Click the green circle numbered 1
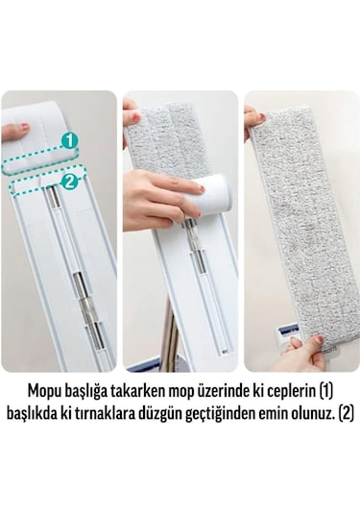[x=69, y=140]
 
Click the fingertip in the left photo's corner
[x=13, y=130]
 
